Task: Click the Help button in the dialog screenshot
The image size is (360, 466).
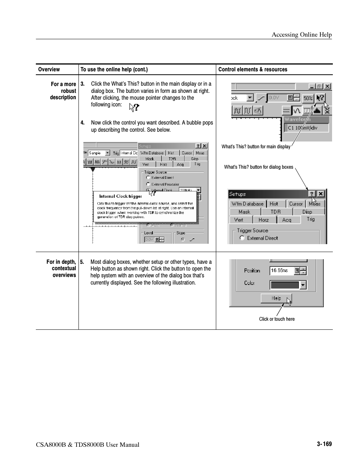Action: pyautogui.click(x=276, y=298)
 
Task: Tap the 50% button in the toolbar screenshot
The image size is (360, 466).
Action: pyautogui.click(x=308, y=98)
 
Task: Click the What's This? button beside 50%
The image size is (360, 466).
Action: pyautogui.click(x=320, y=98)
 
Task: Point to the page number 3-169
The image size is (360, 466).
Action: pyautogui.click(x=324, y=444)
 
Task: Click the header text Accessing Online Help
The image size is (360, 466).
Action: pyautogui.click(x=302, y=35)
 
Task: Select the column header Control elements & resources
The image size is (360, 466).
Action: pyautogui.click(x=252, y=69)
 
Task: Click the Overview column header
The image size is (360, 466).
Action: pyautogui.click(x=49, y=69)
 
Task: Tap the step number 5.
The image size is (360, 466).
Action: pyautogui.click(x=82, y=262)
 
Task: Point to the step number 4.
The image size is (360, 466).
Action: pyautogui.click(x=82, y=123)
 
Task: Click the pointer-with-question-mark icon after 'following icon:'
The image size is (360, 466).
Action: pyautogui.click(x=134, y=108)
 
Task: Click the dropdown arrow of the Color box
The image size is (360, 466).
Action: pyautogui.click(x=303, y=285)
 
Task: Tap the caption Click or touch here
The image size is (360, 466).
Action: pyautogui.click(x=277, y=319)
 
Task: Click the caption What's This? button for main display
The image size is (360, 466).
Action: pyautogui.click(x=256, y=147)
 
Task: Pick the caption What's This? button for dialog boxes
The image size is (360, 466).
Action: pyautogui.click(x=258, y=167)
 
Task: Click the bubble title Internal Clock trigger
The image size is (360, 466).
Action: pyautogui.click(x=120, y=196)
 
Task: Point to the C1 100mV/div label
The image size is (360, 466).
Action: pyautogui.click(x=302, y=128)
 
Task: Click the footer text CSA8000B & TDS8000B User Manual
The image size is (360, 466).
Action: pyautogui.click(x=88, y=445)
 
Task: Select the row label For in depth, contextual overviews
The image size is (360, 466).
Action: pyautogui.click(x=61, y=268)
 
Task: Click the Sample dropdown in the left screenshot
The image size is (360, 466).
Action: pyautogui.click(x=99, y=153)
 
